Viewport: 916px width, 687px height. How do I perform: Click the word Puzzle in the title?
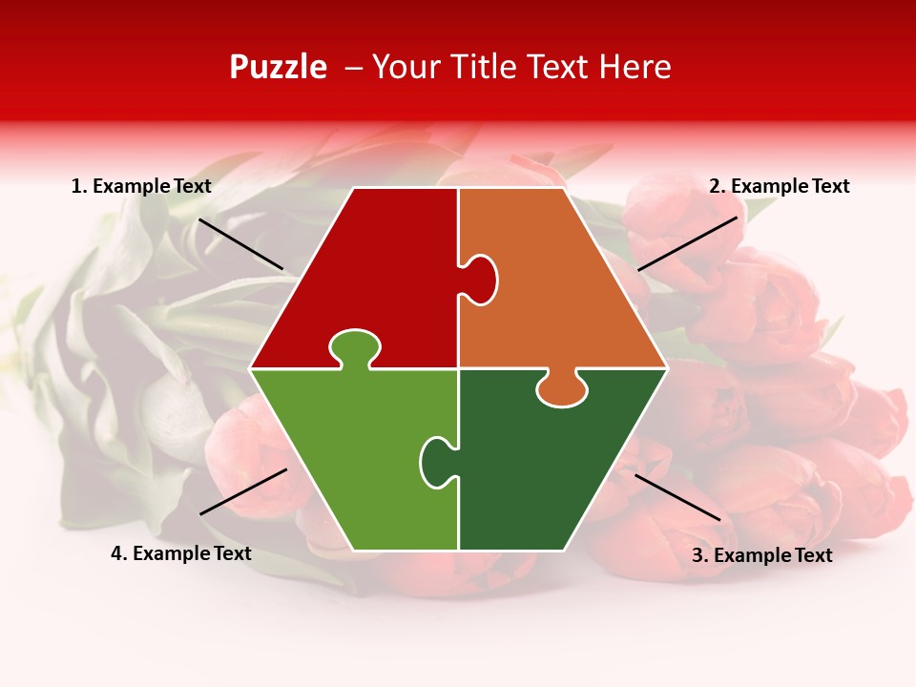coord(278,67)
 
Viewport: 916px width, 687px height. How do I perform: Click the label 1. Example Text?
coord(141,186)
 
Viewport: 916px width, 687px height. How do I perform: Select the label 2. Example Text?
coord(779,186)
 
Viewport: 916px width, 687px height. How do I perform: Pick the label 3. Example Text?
coord(761,555)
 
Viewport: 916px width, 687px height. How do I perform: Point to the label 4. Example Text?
coord(180,553)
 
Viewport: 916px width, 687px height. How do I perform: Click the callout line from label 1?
coord(240,244)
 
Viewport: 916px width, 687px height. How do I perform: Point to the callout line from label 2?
coord(687,243)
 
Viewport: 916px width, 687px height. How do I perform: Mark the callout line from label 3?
coord(677,497)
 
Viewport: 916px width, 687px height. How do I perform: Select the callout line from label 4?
coord(243,491)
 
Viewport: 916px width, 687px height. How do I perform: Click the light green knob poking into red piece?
coord(354,347)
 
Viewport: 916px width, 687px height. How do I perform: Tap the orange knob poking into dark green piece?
coord(561,389)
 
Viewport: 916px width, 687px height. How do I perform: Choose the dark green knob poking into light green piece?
coord(436,461)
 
